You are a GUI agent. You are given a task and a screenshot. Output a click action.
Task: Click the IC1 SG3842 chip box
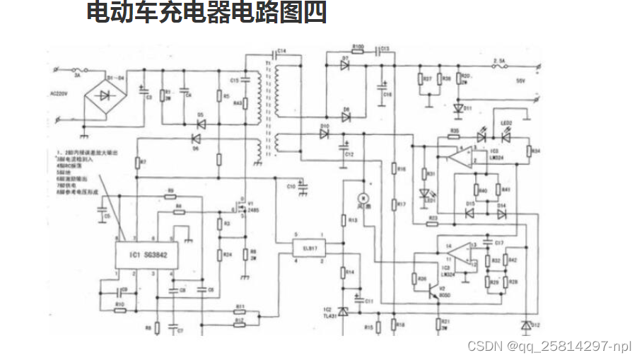coord(146,254)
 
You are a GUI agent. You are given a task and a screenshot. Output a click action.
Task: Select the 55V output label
coord(521,81)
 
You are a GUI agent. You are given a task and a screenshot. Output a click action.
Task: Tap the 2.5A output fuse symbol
coord(503,68)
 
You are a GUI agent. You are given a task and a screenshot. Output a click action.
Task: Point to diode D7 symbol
coord(345,66)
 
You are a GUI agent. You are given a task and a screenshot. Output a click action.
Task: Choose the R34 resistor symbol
coord(529,151)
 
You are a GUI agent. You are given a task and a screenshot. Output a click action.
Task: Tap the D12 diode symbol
coord(524,325)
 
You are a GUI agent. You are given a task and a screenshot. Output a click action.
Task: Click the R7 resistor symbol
coord(136,163)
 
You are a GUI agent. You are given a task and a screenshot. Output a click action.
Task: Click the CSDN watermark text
coord(549,345)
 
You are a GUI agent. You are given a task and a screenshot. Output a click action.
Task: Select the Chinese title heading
coord(206,13)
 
